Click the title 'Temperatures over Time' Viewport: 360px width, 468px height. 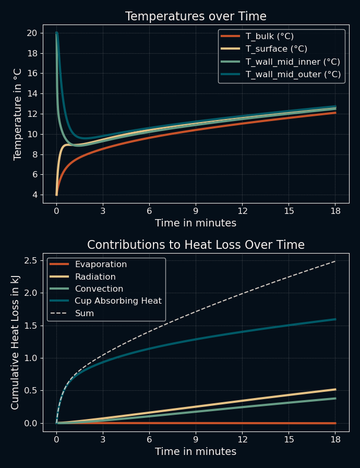point(196,17)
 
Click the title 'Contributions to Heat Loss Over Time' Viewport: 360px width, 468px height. point(196,245)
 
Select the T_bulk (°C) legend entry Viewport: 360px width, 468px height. point(269,37)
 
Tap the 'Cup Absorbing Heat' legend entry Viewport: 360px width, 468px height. point(118,301)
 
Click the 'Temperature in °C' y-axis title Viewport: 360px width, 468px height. point(18,114)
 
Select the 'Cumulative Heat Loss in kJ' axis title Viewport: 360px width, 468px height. point(16,343)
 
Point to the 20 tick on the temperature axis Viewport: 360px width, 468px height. point(31,33)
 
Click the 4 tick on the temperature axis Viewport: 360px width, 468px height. point(34,195)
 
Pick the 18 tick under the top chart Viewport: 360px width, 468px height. point(335,211)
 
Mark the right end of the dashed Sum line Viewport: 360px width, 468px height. point(335,261)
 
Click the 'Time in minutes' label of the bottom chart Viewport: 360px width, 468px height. point(196,452)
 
